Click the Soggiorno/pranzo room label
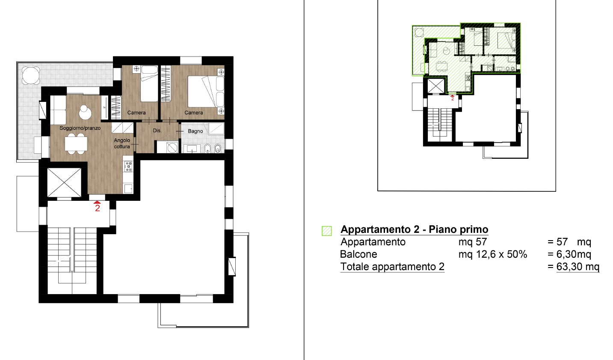click(x=80, y=128)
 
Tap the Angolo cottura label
click(x=122, y=143)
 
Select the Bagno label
click(x=195, y=131)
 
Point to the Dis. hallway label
click(x=157, y=131)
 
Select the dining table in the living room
click(x=76, y=143)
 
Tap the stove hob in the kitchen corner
click(x=128, y=166)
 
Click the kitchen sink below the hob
click(x=128, y=188)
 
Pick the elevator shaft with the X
click(x=64, y=182)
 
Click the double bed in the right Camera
click(x=205, y=92)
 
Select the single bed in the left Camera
click(x=149, y=83)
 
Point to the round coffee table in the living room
click(x=85, y=112)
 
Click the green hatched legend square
click(x=327, y=231)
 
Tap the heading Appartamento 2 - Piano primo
click(x=415, y=229)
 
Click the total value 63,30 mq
click(x=578, y=267)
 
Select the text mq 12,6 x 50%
click(x=493, y=254)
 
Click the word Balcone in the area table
click(x=358, y=254)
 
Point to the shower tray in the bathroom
click(x=216, y=128)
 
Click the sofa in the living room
click(x=58, y=110)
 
